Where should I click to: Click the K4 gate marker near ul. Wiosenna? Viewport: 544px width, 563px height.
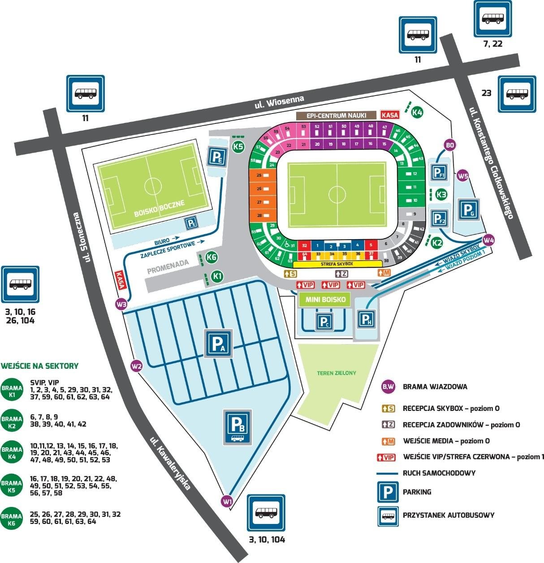pos(417,112)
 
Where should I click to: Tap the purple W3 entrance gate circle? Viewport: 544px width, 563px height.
pos(121,304)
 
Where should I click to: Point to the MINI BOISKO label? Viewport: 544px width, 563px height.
pos(325,300)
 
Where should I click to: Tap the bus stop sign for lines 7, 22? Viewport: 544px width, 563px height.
pos(492,19)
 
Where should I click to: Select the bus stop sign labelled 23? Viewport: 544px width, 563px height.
pos(517,94)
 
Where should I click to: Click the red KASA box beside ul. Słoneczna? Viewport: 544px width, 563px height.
pos(120,280)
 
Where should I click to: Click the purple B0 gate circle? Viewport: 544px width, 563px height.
pos(450,145)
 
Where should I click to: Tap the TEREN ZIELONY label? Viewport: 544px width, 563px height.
pos(336,373)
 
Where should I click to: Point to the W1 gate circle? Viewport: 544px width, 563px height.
pos(228,501)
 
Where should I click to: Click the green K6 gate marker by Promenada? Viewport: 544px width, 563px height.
pos(211,257)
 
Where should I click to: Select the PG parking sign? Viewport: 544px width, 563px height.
pos(468,209)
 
